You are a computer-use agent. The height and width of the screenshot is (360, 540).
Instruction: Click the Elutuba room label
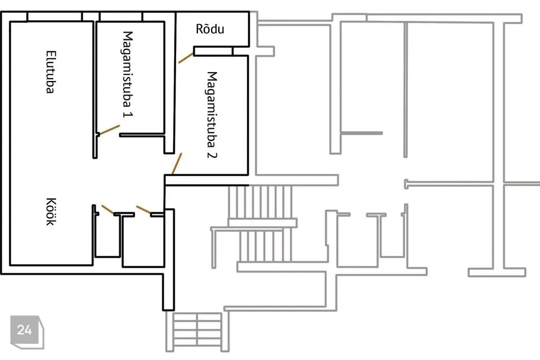(50, 72)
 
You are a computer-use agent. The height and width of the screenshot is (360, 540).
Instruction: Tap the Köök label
(51, 211)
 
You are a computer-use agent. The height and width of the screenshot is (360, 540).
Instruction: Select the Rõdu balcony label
(210, 29)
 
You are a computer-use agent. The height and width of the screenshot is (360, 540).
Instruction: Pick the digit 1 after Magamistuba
(128, 114)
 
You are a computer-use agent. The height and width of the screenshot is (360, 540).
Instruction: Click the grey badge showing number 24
(27, 332)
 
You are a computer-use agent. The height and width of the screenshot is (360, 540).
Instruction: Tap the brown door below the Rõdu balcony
(186, 58)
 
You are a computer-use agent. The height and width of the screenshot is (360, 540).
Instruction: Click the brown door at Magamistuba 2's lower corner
(177, 164)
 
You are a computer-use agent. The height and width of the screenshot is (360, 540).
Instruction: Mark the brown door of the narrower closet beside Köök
(108, 209)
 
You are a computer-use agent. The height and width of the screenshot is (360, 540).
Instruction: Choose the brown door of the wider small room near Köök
(143, 209)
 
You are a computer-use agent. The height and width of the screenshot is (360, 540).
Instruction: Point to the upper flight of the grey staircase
(260, 202)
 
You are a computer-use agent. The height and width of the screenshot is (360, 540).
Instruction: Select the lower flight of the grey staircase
(265, 246)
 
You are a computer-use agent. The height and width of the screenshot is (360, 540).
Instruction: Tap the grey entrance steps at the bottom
(197, 331)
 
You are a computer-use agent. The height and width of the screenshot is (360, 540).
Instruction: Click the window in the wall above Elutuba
(55, 16)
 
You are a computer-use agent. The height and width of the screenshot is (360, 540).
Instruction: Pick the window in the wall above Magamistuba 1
(120, 16)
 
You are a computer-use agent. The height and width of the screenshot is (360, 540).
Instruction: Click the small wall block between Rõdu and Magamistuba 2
(213, 51)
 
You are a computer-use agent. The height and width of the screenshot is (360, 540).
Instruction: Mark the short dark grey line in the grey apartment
(362, 133)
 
